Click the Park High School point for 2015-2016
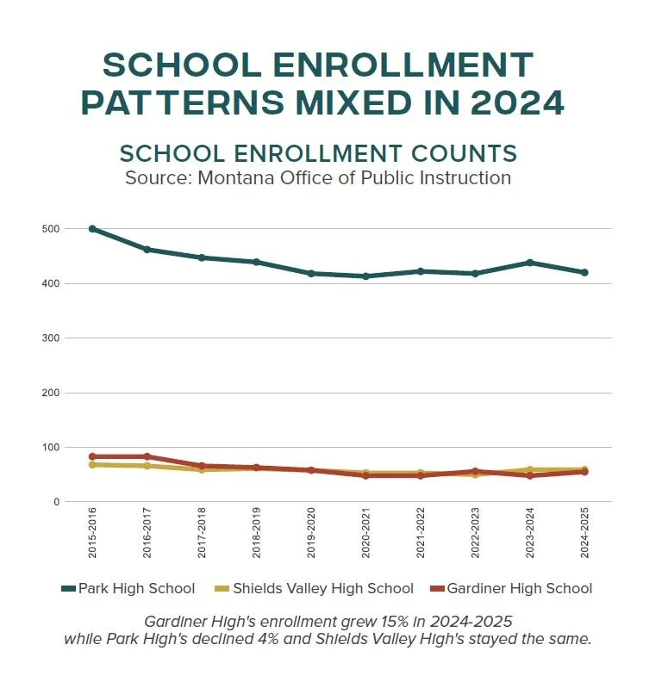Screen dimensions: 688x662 coord(92,229)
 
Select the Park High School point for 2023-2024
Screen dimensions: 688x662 coord(530,263)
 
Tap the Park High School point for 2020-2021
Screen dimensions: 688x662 coord(365,276)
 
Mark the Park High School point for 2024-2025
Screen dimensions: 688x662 coord(584,272)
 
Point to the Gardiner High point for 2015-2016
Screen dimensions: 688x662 coord(92,456)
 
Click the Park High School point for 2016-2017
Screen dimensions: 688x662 coord(147,250)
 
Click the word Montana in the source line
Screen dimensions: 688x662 coord(237,178)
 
